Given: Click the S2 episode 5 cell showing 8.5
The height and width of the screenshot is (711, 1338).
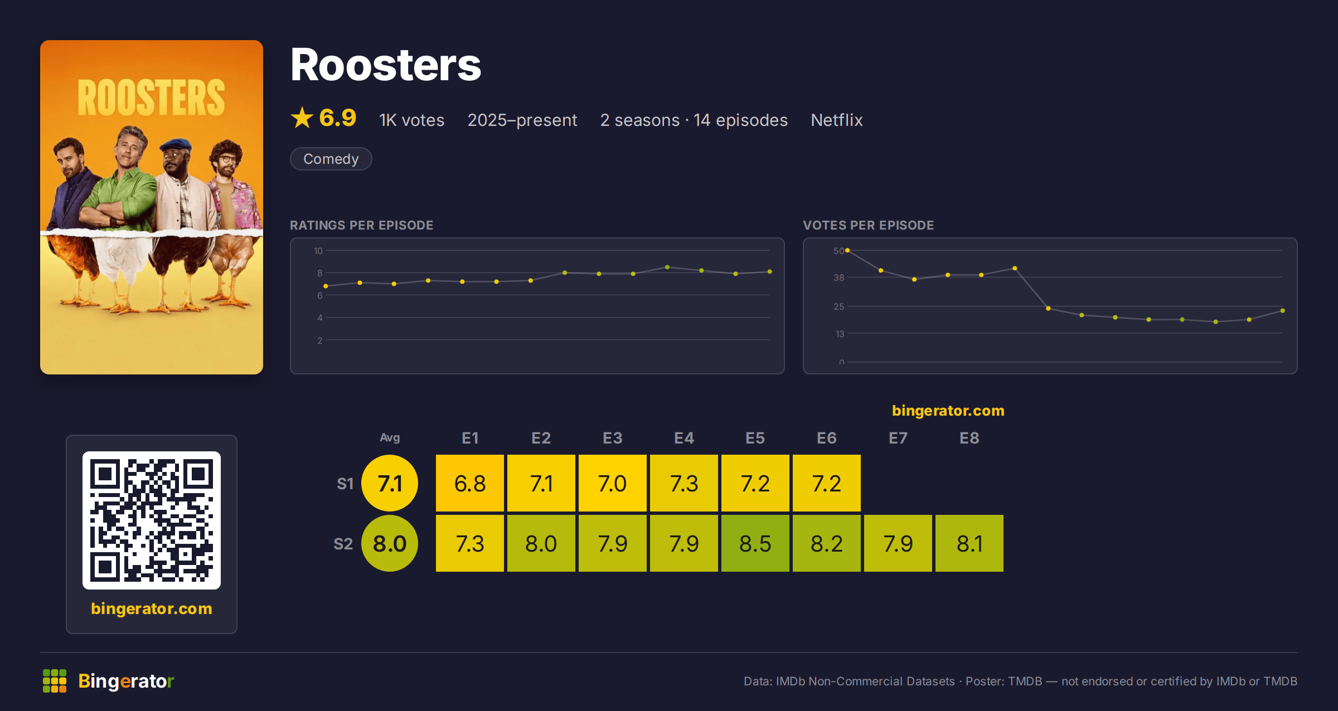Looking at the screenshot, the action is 755,543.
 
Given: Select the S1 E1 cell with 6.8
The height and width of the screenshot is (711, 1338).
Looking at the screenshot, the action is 470,483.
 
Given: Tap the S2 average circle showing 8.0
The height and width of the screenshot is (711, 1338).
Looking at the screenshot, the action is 390,543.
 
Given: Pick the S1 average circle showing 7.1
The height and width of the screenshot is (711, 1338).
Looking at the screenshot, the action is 390,483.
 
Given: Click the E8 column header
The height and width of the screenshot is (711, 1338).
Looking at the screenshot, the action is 969,438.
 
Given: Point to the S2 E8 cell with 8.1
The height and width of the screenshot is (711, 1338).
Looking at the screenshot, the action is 969,543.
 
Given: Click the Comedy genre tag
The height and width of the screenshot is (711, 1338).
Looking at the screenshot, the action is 331,159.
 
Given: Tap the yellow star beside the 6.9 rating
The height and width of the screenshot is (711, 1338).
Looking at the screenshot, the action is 302,118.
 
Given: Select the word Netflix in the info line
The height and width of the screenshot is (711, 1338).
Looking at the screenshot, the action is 837,120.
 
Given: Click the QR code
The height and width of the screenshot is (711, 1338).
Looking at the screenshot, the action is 152,520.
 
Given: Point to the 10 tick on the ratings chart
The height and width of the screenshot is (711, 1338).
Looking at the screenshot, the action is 318,251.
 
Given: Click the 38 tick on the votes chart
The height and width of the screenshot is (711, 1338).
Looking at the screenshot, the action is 839,277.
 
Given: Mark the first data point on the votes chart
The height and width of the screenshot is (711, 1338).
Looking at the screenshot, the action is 847,251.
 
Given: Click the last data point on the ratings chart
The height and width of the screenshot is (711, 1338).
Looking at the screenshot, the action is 770,272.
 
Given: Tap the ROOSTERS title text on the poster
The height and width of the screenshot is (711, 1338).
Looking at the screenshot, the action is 151,98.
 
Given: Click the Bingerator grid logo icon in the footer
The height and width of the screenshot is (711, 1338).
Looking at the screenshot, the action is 55,681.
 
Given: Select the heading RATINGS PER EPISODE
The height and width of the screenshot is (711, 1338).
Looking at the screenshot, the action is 362,225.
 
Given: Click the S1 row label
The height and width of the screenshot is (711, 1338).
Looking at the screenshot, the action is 345,484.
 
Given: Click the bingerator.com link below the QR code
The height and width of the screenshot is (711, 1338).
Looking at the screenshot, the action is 152,608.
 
